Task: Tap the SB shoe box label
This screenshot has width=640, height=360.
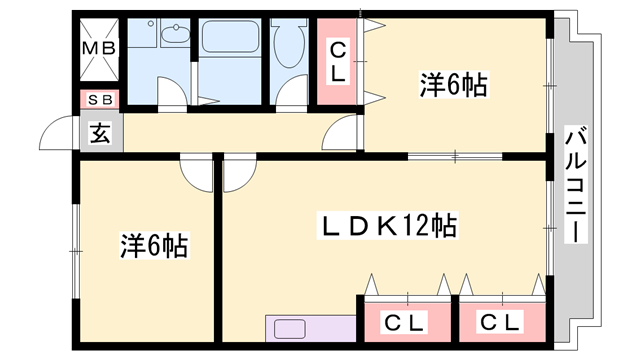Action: point(100,99)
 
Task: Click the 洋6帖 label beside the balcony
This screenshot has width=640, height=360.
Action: point(452,87)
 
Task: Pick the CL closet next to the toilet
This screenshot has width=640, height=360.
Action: point(338,62)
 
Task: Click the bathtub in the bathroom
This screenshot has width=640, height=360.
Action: point(231,41)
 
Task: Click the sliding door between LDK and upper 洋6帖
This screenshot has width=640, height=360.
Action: point(455,155)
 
